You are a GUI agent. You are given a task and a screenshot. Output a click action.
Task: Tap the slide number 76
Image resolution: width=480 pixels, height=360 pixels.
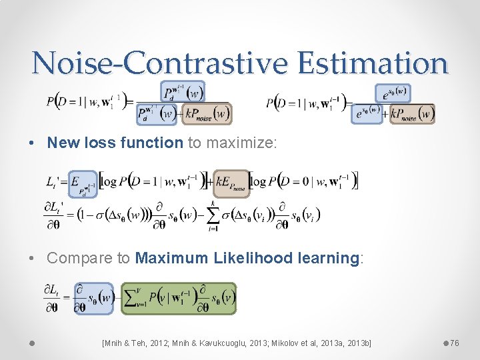point(454,343)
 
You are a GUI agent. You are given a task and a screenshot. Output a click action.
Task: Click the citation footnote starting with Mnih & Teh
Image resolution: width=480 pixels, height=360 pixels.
point(237,343)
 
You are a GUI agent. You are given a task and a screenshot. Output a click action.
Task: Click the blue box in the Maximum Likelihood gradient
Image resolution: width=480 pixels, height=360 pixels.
point(99,298)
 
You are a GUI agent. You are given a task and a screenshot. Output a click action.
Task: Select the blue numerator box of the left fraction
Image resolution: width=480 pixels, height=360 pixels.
point(182,91)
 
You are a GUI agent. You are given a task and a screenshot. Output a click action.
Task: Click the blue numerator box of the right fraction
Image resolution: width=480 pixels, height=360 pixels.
point(392,93)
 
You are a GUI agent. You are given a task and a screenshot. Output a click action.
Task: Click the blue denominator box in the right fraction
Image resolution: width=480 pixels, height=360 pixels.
point(368,113)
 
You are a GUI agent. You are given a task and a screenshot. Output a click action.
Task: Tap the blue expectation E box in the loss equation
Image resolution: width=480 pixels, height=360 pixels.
point(83,183)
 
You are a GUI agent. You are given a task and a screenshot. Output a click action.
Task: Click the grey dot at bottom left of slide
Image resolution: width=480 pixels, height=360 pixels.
point(31,343)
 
